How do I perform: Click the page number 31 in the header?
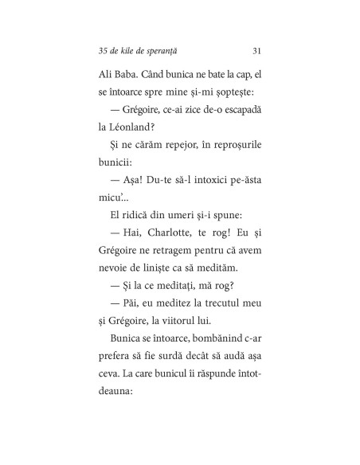coord(256,51)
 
